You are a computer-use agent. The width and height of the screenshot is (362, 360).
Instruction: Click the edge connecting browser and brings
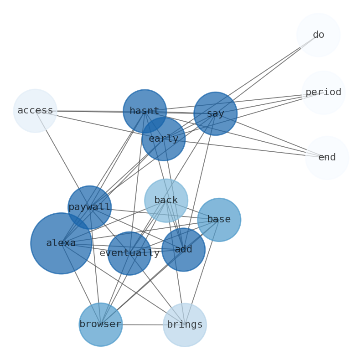(142, 325)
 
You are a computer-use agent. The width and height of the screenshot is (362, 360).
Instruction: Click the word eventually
(129, 253)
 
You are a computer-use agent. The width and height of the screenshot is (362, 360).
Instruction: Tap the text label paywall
(89, 207)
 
